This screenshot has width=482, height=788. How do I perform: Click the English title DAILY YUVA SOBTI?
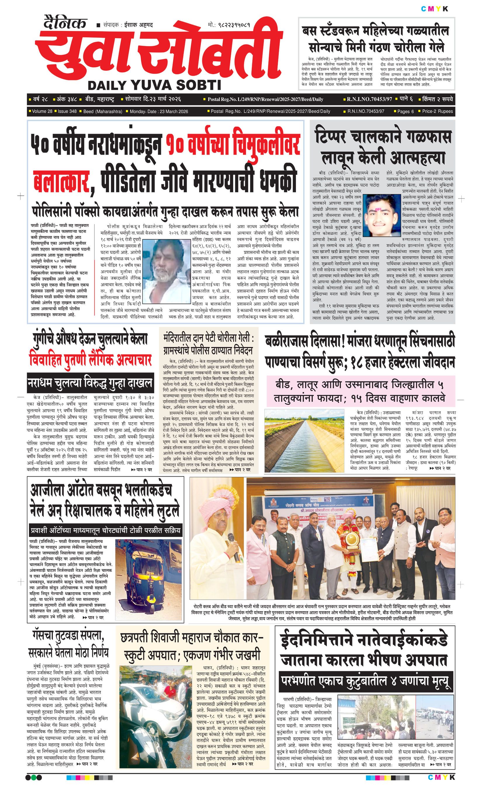tap(154, 85)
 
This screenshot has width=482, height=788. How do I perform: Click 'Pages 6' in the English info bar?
tap(405, 111)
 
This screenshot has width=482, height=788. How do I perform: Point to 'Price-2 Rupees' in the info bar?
tap(437, 111)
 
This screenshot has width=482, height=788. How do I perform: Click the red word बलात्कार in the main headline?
tap(61, 181)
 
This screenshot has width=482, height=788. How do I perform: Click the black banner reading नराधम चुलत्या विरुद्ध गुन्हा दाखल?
tap(90, 383)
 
